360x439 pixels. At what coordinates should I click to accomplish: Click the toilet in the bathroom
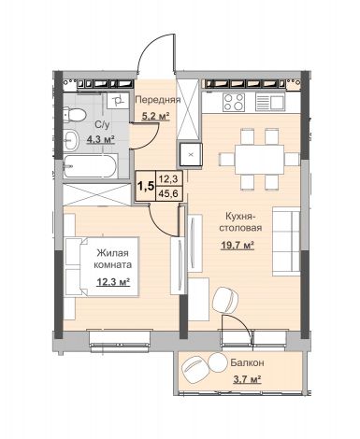[74, 115]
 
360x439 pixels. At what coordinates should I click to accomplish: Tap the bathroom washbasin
[72, 140]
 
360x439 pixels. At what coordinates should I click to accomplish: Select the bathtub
[91, 166]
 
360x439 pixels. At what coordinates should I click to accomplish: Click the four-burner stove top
[234, 102]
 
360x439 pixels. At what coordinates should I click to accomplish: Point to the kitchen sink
[269, 102]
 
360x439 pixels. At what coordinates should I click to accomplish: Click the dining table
[259, 159]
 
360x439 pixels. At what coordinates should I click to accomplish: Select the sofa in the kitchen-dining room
[286, 241]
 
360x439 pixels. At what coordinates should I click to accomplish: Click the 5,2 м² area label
[155, 117]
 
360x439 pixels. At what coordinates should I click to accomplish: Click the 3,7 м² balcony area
[247, 379]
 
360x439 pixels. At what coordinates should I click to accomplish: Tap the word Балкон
[247, 362]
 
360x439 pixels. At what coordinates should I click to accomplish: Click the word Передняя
[158, 100]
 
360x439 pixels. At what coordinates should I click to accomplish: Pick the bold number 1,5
[146, 186]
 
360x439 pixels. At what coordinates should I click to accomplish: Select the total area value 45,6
[168, 193]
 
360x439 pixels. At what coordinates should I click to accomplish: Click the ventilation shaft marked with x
[190, 154]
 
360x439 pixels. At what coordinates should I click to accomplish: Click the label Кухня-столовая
[240, 221]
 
